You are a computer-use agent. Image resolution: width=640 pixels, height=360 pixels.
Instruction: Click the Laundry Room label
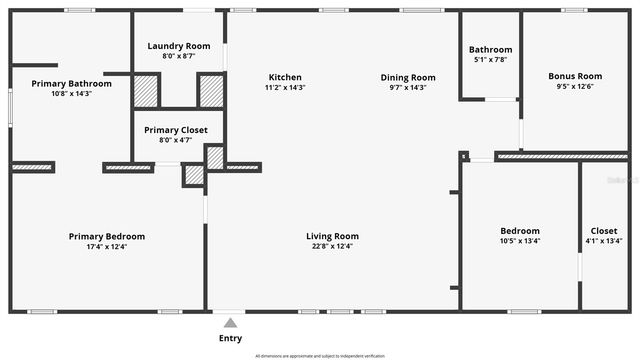178,46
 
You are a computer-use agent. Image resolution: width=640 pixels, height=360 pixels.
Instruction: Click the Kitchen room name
285,77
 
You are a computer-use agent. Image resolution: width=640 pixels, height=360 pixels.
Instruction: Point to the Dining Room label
408,77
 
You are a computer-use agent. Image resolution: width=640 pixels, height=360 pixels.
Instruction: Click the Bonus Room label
575,76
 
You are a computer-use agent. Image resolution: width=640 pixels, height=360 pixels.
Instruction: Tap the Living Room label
332,236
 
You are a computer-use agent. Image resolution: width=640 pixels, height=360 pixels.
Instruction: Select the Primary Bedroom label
106,236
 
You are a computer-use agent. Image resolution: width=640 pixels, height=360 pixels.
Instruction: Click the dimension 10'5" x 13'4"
520,241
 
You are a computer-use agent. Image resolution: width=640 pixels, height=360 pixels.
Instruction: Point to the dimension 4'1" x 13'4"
604,241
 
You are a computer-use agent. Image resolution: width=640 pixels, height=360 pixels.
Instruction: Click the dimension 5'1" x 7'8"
490,60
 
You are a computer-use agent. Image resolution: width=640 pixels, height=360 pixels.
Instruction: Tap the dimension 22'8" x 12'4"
332,246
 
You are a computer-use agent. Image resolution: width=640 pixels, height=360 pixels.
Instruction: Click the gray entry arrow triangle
230,322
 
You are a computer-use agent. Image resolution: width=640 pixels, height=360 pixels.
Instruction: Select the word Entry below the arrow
230,338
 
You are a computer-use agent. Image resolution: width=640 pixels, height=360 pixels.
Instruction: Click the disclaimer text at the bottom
320,355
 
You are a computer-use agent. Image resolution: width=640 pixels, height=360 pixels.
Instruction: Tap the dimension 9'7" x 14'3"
408,87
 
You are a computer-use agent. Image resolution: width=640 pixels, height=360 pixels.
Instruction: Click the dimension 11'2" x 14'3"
285,87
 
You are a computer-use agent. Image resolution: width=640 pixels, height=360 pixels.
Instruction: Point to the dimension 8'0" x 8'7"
178,56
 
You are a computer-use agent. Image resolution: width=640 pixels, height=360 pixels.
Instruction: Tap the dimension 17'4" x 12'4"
106,246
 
